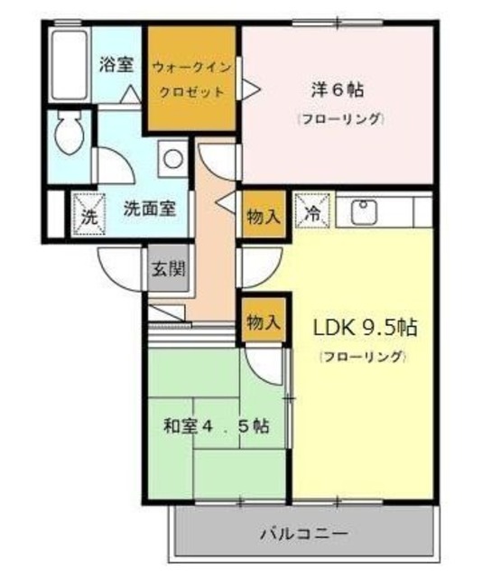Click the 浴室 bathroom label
pyautogui.click(x=116, y=66)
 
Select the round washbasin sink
pyautogui.click(x=172, y=159)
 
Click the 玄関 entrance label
pyautogui.click(x=168, y=268)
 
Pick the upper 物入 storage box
pyautogui.click(x=264, y=217)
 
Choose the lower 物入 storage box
pyautogui.click(x=264, y=321)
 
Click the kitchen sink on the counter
pyautogui.click(x=366, y=213)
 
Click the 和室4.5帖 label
pyautogui.click(x=216, y=424)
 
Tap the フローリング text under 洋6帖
pyautogui.click(x=339, y=118)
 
